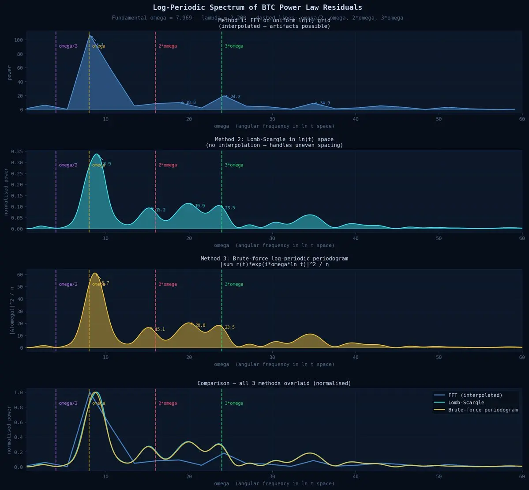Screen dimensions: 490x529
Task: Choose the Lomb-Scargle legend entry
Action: (466, 403)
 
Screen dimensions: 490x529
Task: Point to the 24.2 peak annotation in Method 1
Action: (235, 97)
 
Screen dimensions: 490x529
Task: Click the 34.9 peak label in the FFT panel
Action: (325, 103)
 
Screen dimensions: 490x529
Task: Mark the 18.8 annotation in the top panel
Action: (190, 103)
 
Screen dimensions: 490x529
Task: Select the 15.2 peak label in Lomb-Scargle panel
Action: (160, 210)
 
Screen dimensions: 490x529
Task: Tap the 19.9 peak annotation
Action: (199, 206)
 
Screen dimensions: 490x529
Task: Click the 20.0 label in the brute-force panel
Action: (200, 326)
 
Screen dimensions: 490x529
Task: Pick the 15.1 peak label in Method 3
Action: (160, 330)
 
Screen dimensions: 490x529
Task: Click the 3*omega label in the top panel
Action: (234, 46)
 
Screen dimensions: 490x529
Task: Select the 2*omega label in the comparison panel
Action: (168, 403)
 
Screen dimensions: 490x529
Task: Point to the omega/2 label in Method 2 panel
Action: (68, 166)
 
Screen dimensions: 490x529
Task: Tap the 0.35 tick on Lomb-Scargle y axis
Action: (17, 151)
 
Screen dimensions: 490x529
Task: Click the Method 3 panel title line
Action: (274, 259)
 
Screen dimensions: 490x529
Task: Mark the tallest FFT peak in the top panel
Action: (90, 35)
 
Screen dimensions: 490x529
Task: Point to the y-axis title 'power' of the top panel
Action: (10, 72)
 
